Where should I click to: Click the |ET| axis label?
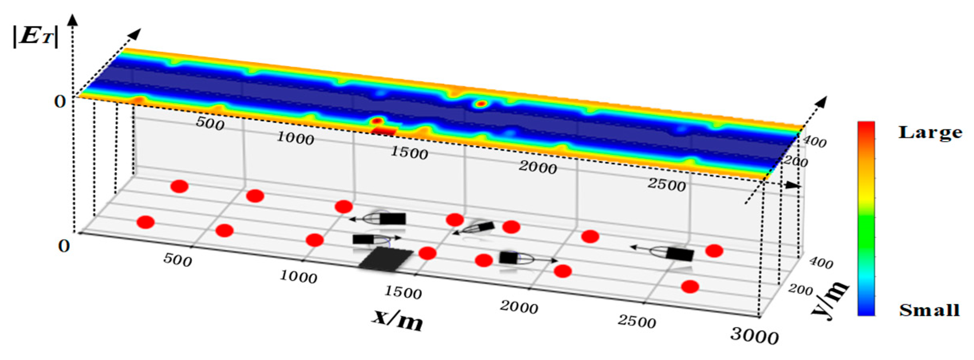click(36, 37)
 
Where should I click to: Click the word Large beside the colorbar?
click(930, 132)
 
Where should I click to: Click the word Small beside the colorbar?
click(929, 310)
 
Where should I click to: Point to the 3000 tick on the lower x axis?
click(754, 336)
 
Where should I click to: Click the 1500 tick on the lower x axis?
click(403, 293)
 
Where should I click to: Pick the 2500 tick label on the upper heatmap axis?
click(666, 185)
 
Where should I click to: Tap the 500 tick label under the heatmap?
click(210, 124)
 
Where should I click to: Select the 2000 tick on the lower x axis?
click(519, 307)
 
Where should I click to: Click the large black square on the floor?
click(385, 259)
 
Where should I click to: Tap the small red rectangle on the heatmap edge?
click(384, 131)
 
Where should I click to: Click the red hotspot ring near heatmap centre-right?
click(482, 104)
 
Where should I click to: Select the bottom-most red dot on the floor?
click(690, 287)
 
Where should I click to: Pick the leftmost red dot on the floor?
click(146, 222)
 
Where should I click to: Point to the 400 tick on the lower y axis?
click(821, 263)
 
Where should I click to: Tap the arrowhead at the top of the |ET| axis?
click(73, 19)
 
